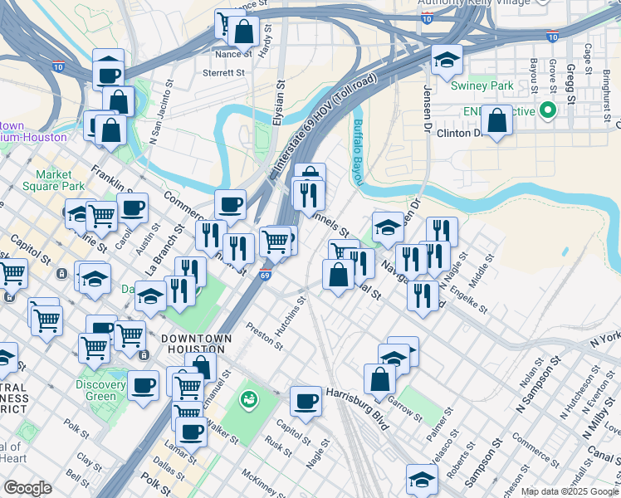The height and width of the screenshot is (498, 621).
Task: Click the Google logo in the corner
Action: click(x=27, y=488)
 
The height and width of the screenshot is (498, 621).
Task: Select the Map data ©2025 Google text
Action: click(x=570, y=491)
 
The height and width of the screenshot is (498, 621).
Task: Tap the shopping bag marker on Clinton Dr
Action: click(x=496, y=121)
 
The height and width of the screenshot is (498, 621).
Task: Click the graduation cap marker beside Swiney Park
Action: click(x=446, y=60)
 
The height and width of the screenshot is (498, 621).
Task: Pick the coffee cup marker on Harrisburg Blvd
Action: click(x=306, y=402)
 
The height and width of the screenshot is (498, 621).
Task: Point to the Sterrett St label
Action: click(x=223, y=73)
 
